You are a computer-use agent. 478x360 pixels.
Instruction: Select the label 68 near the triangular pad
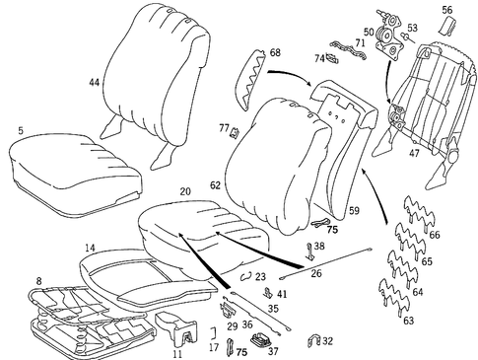[x=274, y=52]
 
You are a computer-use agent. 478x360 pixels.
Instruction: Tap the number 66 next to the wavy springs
[x=436, y=237]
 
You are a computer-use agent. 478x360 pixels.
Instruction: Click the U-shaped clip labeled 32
[x=315, y=341]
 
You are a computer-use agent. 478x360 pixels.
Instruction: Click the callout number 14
[x=89, y=249]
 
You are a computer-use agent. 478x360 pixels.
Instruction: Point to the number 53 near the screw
[x=412, y=28]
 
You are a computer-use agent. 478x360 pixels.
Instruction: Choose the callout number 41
[x=282, y=294]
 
